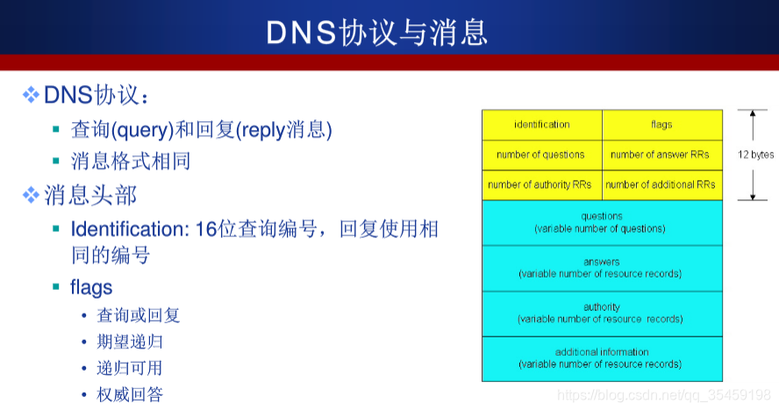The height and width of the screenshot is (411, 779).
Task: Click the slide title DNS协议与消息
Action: [377, 32]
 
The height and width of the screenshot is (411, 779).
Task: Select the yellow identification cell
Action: [541, 125]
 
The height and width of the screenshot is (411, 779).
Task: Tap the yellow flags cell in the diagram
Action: [661, 125]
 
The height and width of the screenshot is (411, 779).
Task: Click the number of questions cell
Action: [540, 155]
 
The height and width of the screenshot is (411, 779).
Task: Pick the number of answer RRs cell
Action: [661, 155]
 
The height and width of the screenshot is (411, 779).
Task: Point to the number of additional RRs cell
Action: [661, 184]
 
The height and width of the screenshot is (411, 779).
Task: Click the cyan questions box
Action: [601, 222]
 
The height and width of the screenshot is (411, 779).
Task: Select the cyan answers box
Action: [601, 268]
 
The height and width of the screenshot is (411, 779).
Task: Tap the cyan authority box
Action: [601, 313]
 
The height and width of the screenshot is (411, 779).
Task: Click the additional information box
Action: [601, 358]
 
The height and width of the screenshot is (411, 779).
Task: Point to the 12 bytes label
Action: [755, 155]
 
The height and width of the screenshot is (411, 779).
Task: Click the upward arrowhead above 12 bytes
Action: [752, 113]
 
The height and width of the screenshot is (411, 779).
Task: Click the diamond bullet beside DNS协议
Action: [31, 94]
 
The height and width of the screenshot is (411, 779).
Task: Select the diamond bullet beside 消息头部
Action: [31, 194]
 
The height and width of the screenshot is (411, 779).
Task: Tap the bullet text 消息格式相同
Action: [131, 162]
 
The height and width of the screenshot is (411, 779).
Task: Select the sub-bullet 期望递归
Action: [129, 341]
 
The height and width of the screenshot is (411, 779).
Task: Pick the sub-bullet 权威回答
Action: [129, 394]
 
